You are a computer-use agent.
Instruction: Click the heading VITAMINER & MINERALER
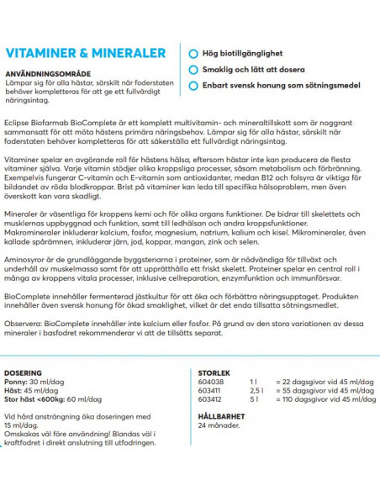(x=85, y=54)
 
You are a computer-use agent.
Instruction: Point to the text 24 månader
(x=215, y=425)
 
